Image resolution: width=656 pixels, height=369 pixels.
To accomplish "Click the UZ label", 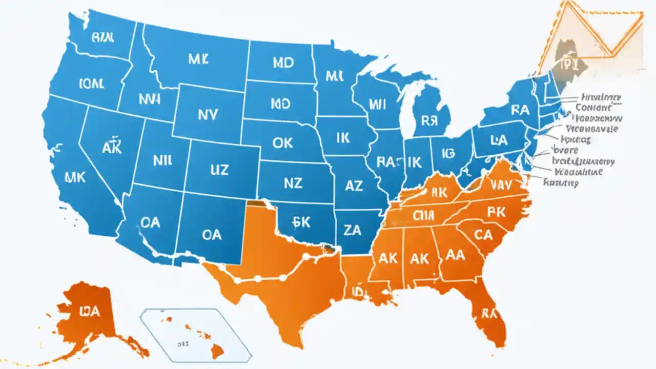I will click(219, 170).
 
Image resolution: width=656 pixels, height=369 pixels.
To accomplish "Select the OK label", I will click(282, 142).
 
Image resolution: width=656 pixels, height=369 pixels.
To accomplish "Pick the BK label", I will click(301, 221).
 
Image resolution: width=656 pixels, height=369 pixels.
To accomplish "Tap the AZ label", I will click(354, 186).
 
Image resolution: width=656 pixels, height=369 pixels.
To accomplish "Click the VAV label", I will click(501, 184).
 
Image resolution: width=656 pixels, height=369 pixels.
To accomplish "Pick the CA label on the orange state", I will click(483, 235).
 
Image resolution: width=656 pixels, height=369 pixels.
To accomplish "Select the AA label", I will click(456, 255).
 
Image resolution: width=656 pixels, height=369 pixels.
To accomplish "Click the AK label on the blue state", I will click(111, 148).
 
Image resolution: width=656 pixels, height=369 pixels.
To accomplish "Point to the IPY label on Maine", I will click(568, 64).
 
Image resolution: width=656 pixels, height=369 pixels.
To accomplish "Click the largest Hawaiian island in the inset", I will click(217, 350).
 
